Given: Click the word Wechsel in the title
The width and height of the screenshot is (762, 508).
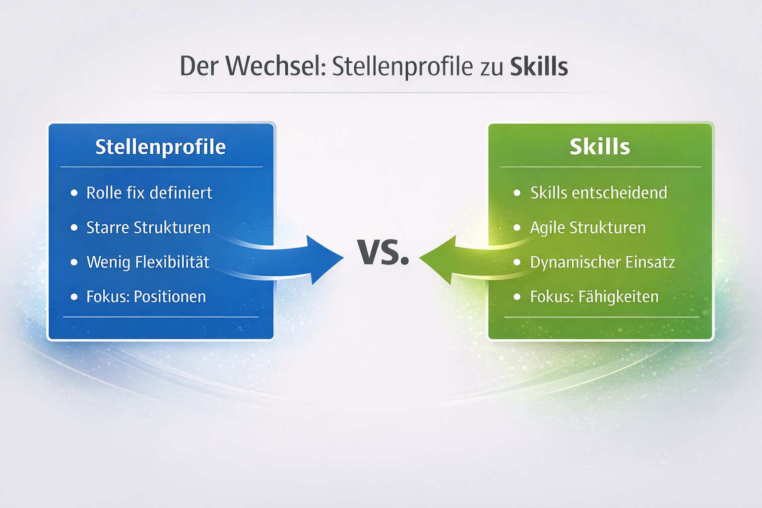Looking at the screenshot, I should pyautogui.click(x=275, y=66).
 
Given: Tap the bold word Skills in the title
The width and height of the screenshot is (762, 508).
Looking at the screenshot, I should pyautogui.click(x=539, y=66).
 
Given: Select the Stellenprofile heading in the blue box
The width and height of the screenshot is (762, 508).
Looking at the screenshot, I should pyautogui.click(x=160, y=147).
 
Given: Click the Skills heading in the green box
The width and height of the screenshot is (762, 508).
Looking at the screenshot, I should pyautogui.click(x=600, y=147).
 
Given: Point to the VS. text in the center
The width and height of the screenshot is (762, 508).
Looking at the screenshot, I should pyautogui.click(x=383, y=252).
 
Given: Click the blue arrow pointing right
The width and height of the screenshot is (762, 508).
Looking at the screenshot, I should pyautogui.click(x=317, y=258).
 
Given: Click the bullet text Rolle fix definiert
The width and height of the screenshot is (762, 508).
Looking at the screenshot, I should pyautogui.click(x=149, y=192).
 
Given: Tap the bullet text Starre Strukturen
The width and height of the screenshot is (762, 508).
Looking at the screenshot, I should pyautogui.click(x=148, y=227).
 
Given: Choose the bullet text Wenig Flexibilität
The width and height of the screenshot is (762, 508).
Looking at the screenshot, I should pyautogui.click(x=148, y=262).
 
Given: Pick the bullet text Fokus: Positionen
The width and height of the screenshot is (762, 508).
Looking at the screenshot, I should pyautogui.click(x=146, y=297).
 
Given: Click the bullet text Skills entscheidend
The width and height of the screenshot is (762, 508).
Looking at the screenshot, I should pyautogui.click(x=598, y=192).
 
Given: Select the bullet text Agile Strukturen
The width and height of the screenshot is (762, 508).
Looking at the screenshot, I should pyautogui.click(x=588, y=227).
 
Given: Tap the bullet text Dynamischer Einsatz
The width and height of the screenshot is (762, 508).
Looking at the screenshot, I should pyautogui.click(x=602, y=262).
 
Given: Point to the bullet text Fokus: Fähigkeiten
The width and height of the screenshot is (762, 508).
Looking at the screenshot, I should pyautogui.click(x=594, y=297).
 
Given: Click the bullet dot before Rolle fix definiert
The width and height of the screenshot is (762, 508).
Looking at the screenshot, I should pyautogui.click(x=74, y=192).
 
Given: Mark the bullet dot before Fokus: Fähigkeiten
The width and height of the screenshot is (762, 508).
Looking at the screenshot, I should pyautogui.click(x=517, y=297).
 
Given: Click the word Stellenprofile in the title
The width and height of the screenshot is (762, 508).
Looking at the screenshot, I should pyautogui.click(x=402, y=66).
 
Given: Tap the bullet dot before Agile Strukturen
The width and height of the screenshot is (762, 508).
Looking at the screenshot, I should pyautogui.click(x=517, y=227).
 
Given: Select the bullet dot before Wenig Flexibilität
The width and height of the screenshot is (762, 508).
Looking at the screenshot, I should pyautogui.click(x=74, y=262).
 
